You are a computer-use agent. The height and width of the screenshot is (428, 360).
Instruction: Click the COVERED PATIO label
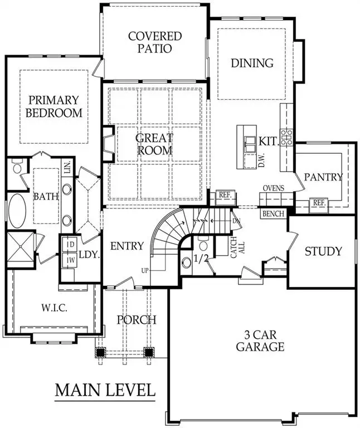click(x=155, y=42)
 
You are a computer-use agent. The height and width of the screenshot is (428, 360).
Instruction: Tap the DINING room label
click(x=252, y=63)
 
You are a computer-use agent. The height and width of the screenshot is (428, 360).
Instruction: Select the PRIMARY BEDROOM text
click(x=55, y=106)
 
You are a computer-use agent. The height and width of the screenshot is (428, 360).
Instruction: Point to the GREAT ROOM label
click(x=154, y=144)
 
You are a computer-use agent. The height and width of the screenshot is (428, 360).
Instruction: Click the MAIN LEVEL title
click(x=105, y=390)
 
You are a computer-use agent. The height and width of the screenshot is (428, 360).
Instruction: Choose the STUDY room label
click(x=323, y=251)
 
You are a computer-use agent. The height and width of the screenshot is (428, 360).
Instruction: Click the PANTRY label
click(x=323, y=177)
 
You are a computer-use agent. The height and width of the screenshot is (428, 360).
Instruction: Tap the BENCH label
click(x=273, y=213)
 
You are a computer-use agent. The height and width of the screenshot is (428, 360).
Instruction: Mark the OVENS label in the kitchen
click(x=273, y=188)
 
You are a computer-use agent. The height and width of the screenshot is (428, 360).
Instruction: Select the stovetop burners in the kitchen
click(x=286, y=137)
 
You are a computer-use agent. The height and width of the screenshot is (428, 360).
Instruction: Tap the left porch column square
click(x=101, y=352)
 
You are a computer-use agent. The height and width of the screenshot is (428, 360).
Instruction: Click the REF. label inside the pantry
click(x=319, y=203)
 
